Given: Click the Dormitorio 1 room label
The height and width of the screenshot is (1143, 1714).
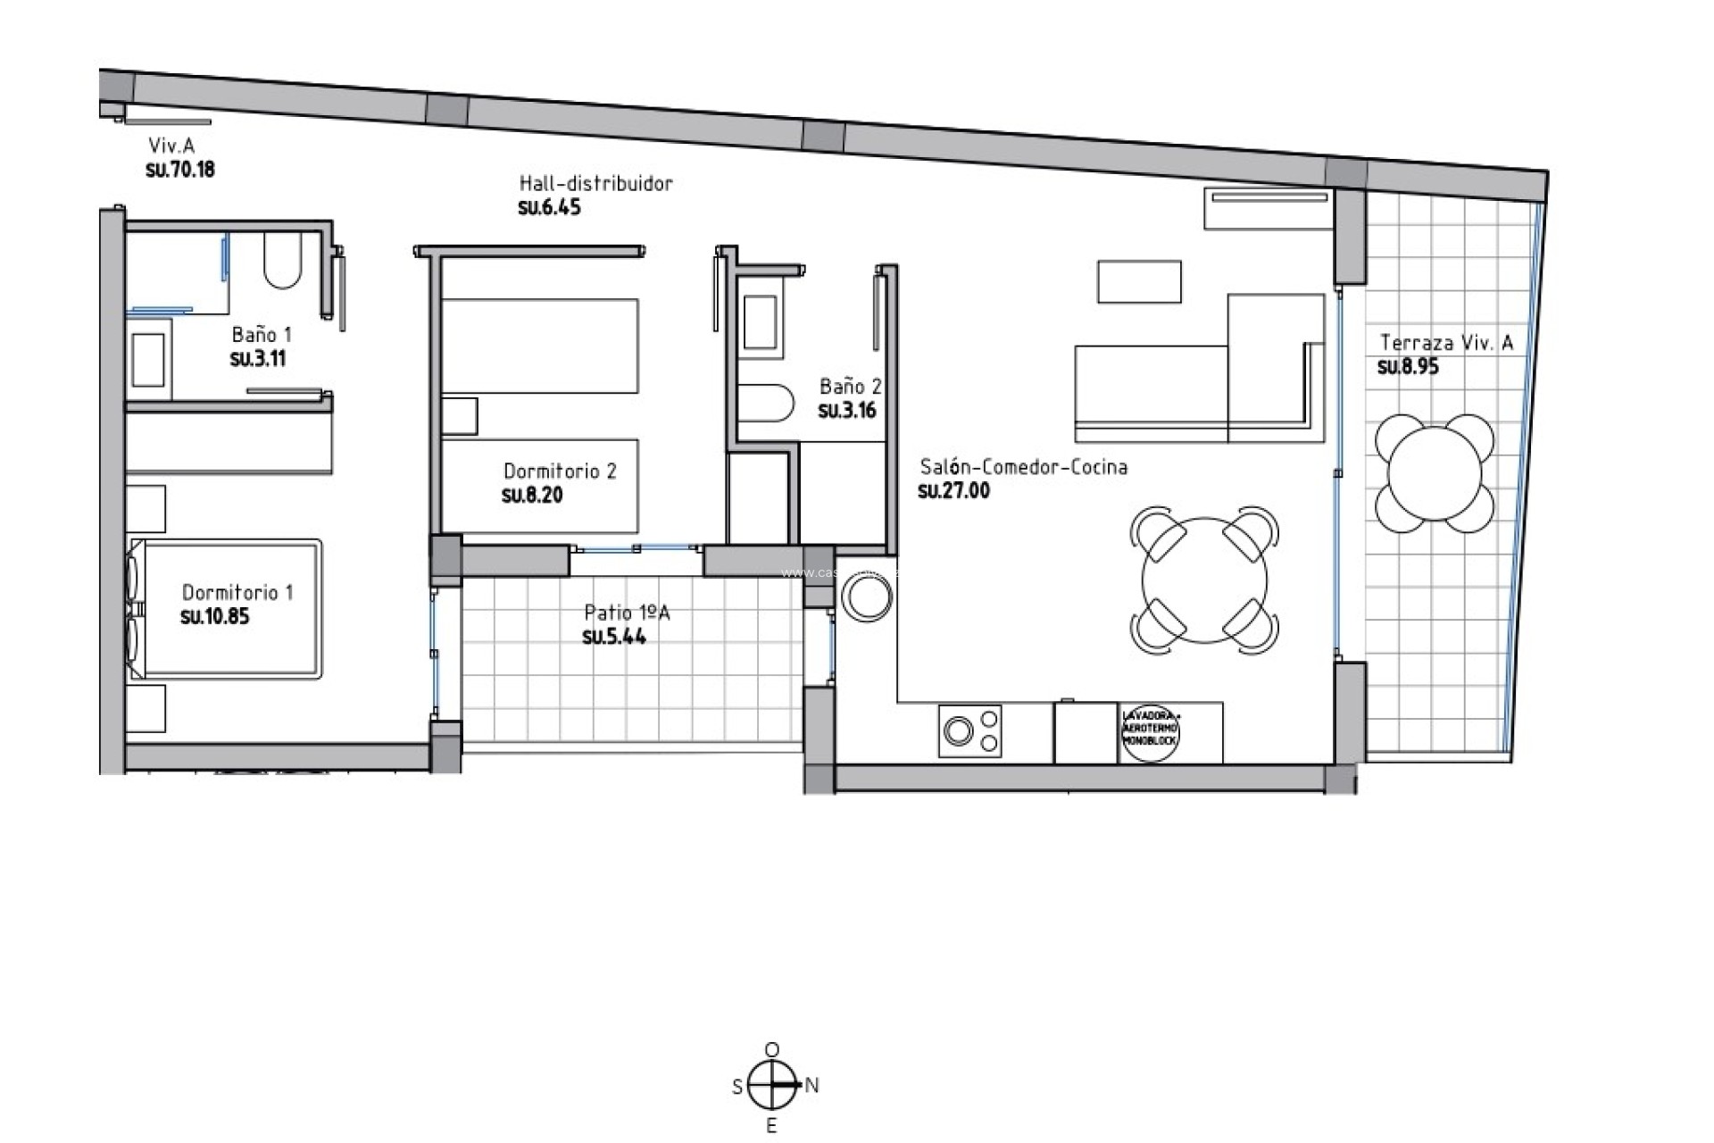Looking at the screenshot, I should pyautogui.click(x=237, y=592).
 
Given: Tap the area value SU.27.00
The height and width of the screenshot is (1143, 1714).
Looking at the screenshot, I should pyautogui.click(x=953, y=490).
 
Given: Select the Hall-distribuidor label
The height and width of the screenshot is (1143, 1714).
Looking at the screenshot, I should pyautogui.click(x=595, y=183).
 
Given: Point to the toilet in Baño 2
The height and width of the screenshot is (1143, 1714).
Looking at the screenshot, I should pyautogui.click(x=766, y=404).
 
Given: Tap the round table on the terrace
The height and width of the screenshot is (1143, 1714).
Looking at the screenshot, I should pyautogui.click(x=1435, y=472).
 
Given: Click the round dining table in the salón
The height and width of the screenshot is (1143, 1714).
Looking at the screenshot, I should pyautogui.click(x=1203, y=580).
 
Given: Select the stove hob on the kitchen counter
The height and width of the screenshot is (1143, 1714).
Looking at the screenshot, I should pyautogui.click(x=969, y=731).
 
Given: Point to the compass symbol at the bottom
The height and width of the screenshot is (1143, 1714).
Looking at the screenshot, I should pyautogui.click(x=772, y=1085).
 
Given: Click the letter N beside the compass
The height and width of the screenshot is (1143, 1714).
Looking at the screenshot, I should pyautogui.click(x=811, y=1085).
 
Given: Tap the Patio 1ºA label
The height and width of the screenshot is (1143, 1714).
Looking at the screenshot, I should pyautogui.click(x=627, y=613).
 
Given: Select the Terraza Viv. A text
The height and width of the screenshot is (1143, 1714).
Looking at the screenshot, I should pyautogui.click(x=1446, y=343).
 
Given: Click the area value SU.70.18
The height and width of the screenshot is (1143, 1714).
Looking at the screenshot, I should pyautogui.click(x=180, y=170).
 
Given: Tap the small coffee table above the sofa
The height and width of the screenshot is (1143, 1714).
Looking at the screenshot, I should pyautogui.click(x=1139, y=281).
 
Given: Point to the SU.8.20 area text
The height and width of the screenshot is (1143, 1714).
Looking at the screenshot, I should pyautogui.click(x=532, y=496).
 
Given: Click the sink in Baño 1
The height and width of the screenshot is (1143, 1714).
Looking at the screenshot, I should pyautogui.click(x=148, y=355).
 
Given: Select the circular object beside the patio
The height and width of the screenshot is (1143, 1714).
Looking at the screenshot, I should pyautogui.click(x=865, y=597).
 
